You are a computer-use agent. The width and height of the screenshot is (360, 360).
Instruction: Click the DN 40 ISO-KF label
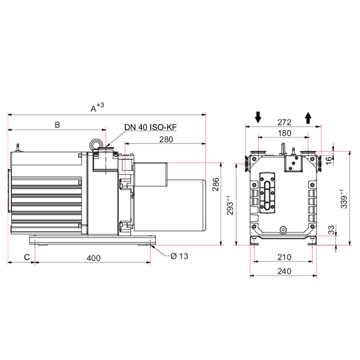pos(150,127)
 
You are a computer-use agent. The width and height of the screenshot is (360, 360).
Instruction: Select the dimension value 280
pos(166,139)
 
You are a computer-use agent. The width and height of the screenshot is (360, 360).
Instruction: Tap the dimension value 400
pos(94,258)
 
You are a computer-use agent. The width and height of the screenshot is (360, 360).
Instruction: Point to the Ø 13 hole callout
pos(179,256)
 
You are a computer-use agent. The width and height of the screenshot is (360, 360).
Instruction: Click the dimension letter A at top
pos(94,109)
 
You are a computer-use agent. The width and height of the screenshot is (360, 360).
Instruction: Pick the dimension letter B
pos(58,124)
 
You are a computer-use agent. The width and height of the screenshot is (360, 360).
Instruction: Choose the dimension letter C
pos(27,257)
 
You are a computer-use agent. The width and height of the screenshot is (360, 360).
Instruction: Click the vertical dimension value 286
pos(215,184)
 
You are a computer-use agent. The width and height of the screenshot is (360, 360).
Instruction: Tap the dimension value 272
pos(284,122)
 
